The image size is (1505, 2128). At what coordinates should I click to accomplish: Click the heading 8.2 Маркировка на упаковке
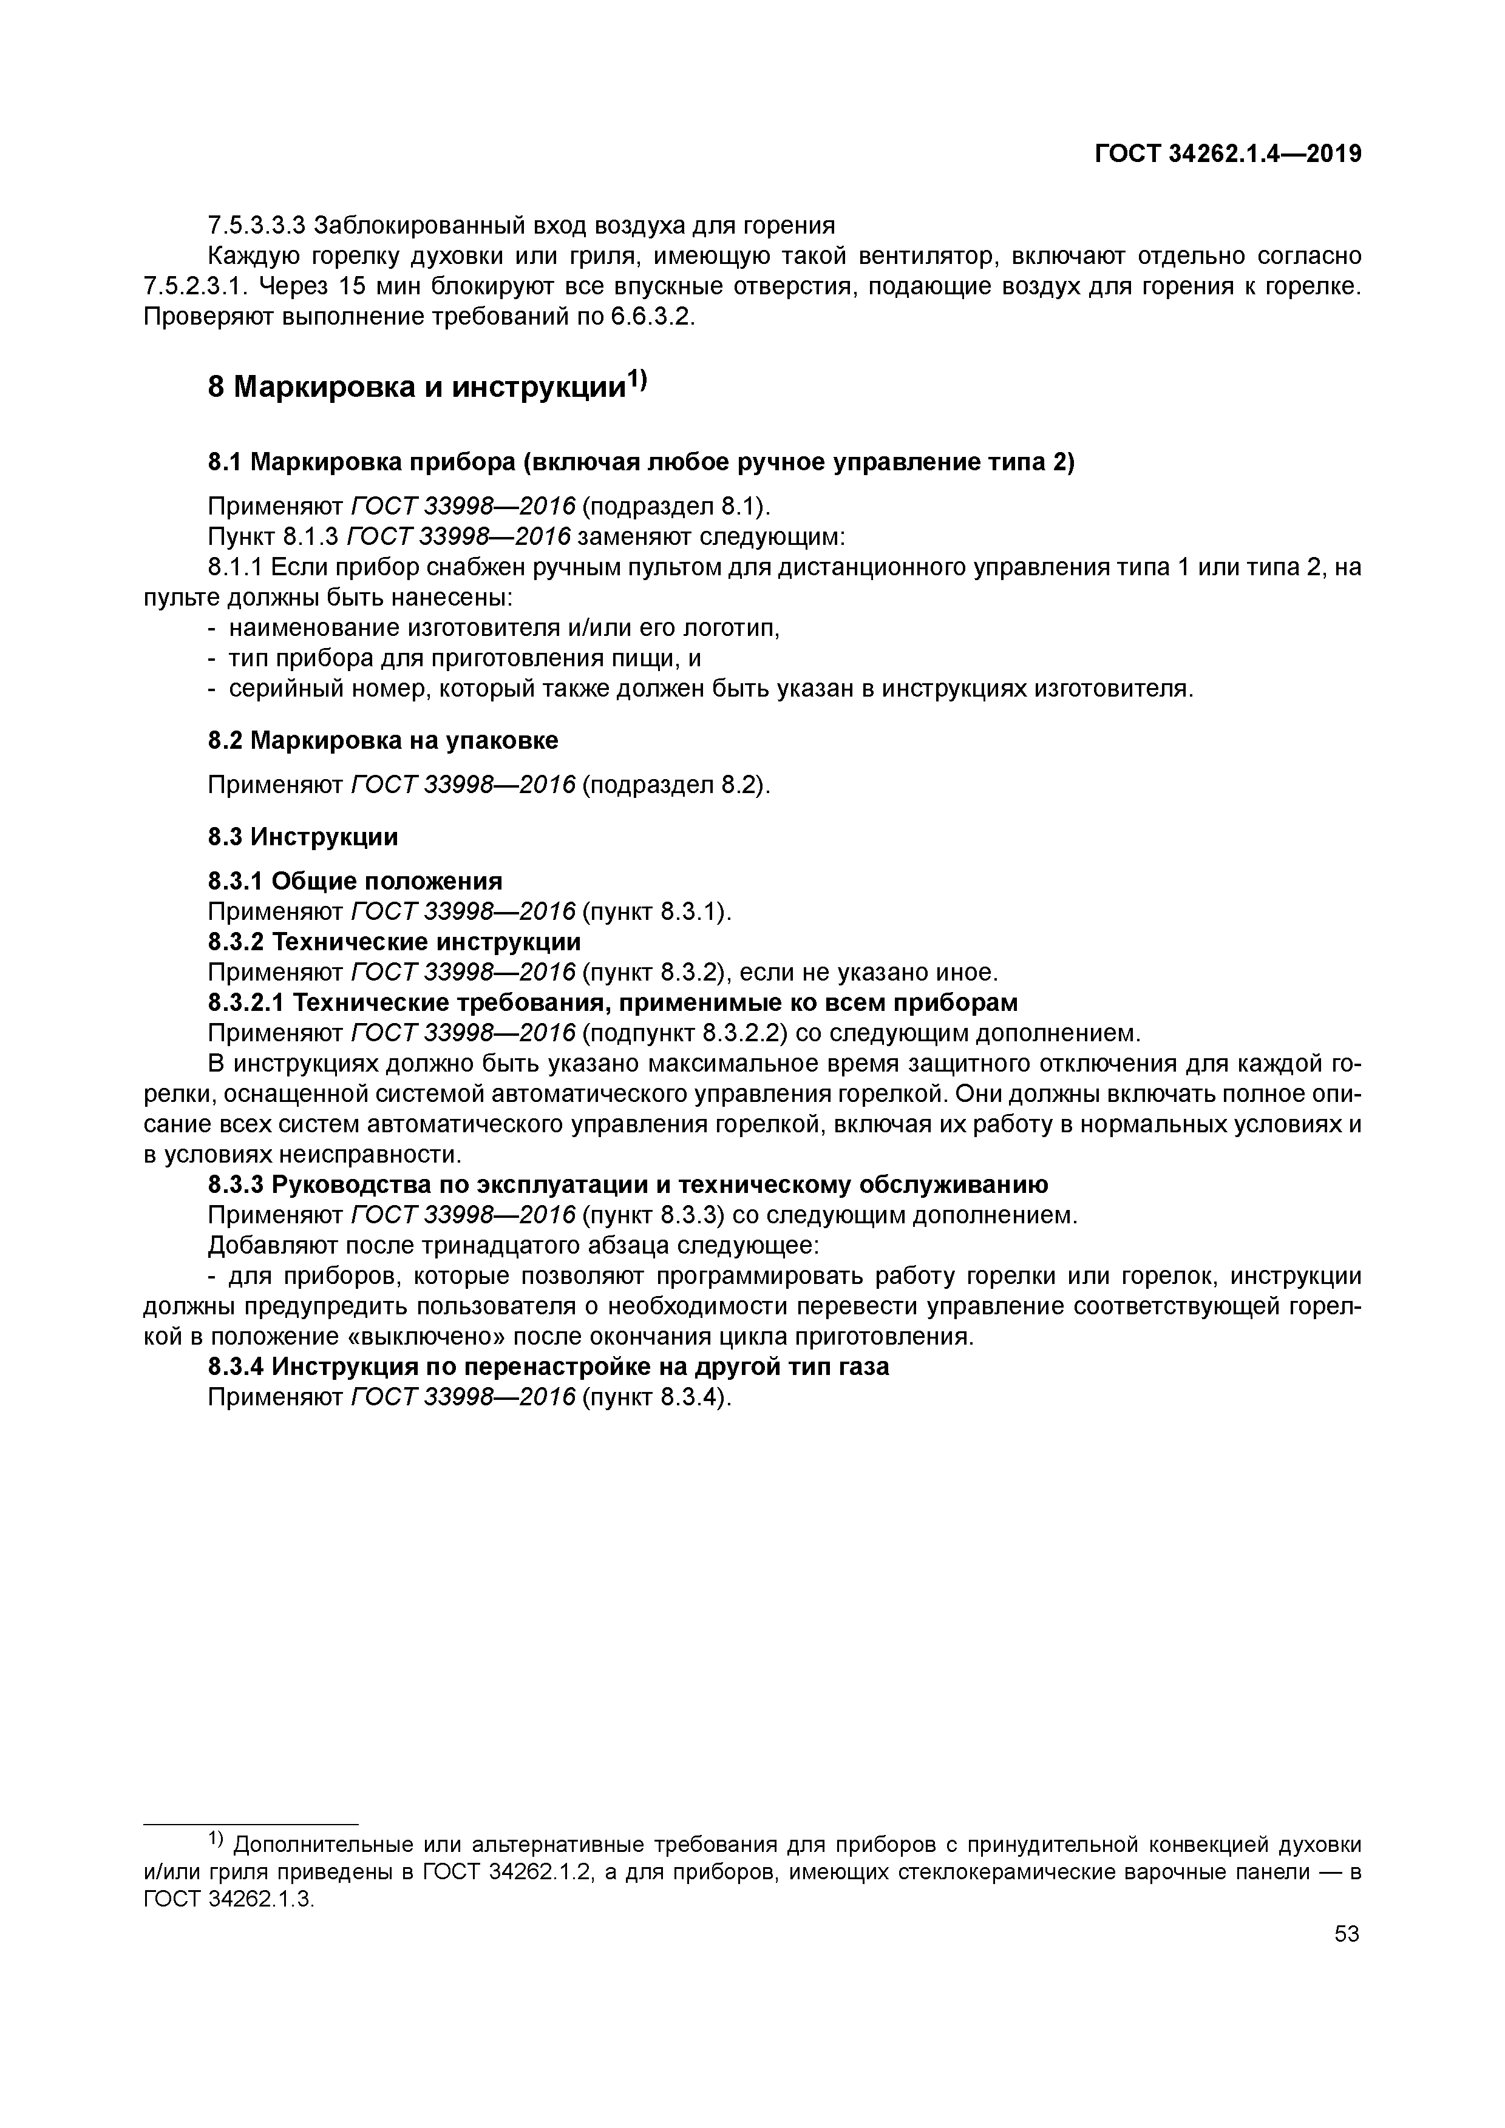tap(383, 740)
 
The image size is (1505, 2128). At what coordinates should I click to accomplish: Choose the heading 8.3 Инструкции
tap(302, 837)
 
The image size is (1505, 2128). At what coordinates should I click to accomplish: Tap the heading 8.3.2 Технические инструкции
tap(394, 942)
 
